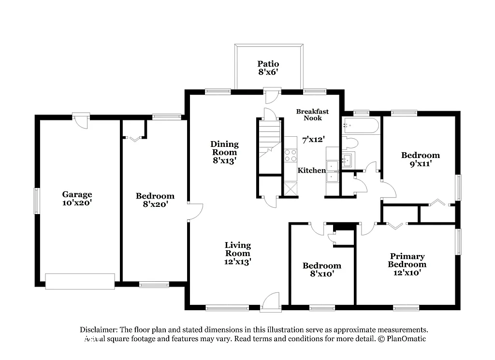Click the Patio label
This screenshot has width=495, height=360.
point(268,64)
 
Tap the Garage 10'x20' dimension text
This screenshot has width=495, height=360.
point(77,203)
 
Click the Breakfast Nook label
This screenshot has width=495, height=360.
point(312,115)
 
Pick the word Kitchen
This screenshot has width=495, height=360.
point(311,170)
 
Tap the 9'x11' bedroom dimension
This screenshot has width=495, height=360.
point(420,163)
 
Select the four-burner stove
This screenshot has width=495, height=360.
point(290,155)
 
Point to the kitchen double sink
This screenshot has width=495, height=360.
point(332,172)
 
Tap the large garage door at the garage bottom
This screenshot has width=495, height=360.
point(80,281)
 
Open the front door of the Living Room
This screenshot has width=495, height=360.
point(270,302)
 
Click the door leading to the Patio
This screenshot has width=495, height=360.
point(271,95)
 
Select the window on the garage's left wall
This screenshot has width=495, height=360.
point(36,201)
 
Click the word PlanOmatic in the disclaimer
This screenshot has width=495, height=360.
point(406,339)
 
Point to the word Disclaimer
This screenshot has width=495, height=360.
point(99,330)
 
